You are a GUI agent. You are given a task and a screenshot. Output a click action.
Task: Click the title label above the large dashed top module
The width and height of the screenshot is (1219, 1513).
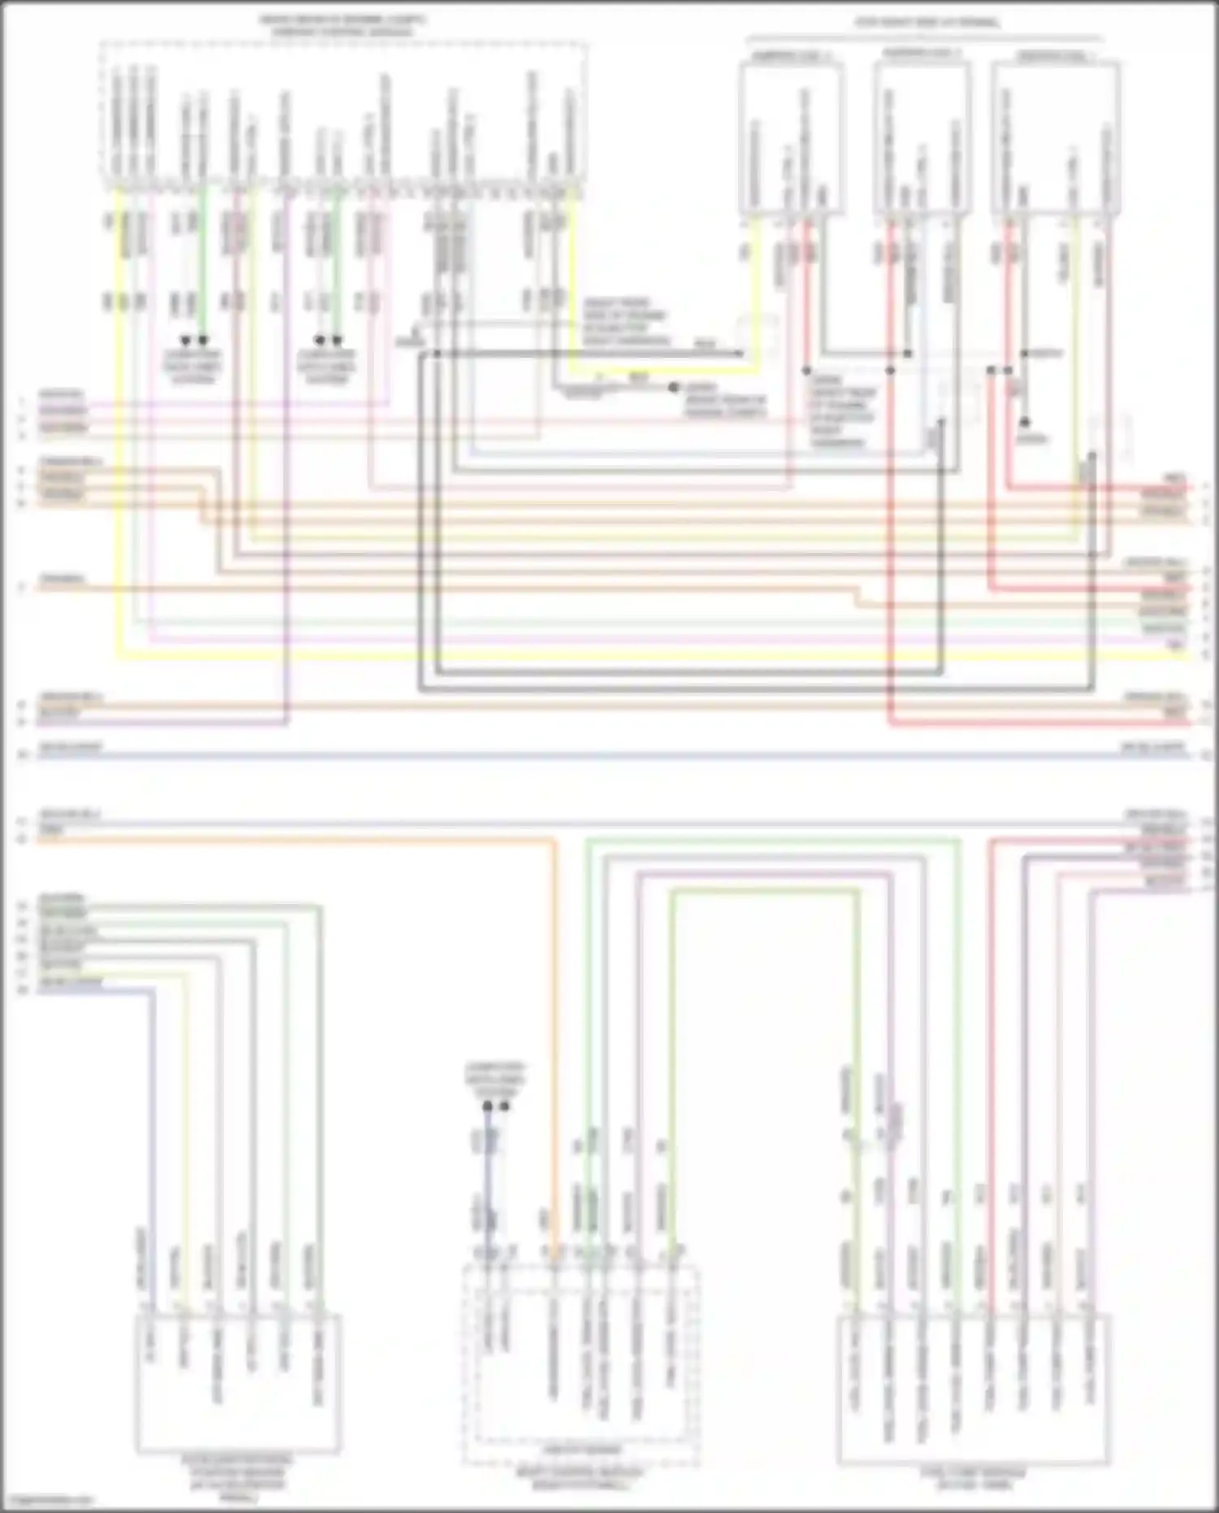click(342, 25)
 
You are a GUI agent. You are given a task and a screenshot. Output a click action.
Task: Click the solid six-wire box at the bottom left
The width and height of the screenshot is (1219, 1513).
click(238, 1382)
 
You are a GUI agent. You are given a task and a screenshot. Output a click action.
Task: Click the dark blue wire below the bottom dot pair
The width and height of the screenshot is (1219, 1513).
click(487, 1179)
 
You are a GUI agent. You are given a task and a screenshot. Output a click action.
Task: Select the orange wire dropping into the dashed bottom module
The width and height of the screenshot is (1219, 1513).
click(555, 1057)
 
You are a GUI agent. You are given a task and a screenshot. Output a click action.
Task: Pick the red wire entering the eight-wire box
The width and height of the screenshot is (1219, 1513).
click(990, 1057)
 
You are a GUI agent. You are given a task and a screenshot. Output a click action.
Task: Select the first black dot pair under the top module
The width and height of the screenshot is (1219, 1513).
click(194, 340)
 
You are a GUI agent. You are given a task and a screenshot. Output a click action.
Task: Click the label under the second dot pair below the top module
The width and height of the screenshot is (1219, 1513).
click(328, 367)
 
